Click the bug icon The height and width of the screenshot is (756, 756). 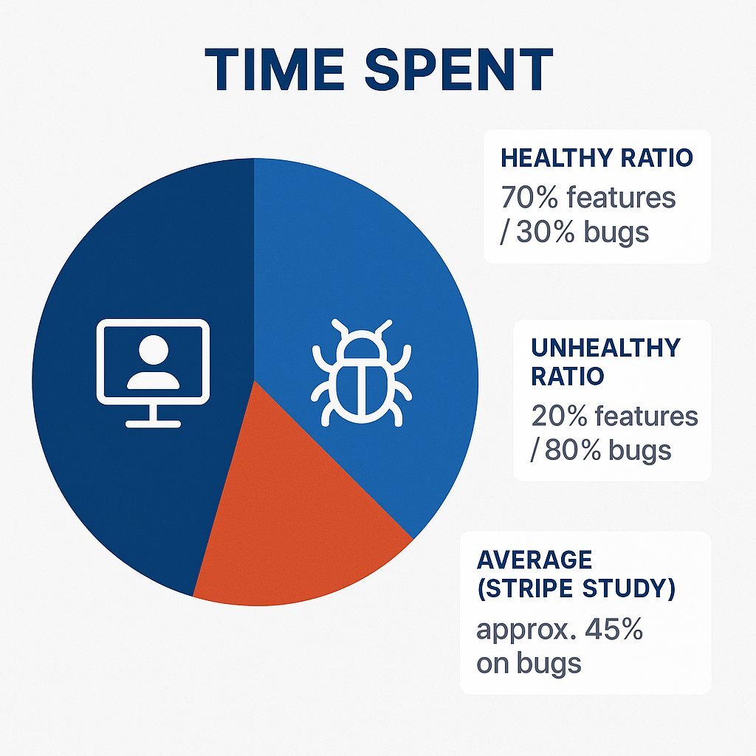click(361, 373)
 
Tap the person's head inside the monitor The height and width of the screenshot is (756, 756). click(153, 348)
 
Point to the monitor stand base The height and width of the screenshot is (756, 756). click(153, 423)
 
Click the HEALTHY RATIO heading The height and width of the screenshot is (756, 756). click(597, 158)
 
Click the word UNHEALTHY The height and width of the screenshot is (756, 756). click(605, 347)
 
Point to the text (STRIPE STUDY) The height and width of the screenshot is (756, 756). click(576, 591)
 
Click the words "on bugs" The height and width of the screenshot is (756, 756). click(529, 663)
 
